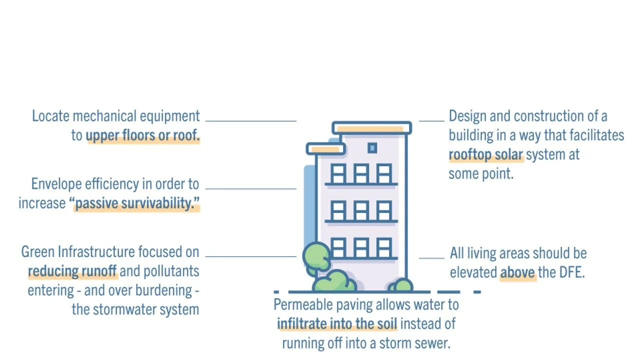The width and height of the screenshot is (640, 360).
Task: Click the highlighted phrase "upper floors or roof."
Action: (x=143, y=135)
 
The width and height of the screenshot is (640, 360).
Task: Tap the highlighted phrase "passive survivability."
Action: (x=137, y=203)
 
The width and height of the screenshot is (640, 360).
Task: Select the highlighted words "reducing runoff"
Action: (x=72, y=271)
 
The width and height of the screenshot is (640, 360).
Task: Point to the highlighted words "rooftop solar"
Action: (x=485, y=155)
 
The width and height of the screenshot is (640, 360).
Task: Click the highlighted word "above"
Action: (x=517, y=272)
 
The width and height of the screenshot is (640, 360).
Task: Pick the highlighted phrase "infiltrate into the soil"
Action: (x=337, y=324)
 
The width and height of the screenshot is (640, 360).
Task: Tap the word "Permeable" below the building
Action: (x=303, y=305)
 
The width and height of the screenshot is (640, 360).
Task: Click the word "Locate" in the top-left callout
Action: (x=50, y=116)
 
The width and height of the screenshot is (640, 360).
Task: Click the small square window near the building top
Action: (x=372, y=148)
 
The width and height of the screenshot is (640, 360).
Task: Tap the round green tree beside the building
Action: (x=316, y=256)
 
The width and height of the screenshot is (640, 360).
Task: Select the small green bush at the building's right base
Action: (x=401, y=285)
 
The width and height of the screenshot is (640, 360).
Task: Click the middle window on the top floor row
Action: (x=361, y=173)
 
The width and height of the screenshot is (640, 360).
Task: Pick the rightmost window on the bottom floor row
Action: (x=383, y=247)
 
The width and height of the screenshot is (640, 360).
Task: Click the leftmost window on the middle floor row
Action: (x=338, y=210)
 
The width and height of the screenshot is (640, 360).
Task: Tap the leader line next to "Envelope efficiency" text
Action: (x=251, y=188)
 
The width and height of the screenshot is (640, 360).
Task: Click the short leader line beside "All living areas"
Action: (x=431, y=258)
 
